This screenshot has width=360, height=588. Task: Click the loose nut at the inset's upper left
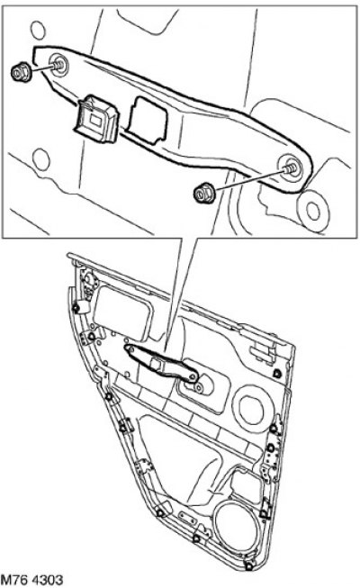[21, 72]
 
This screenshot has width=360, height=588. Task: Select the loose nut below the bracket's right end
[204, 194]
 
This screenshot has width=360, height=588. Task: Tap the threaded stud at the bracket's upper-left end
[58, 66]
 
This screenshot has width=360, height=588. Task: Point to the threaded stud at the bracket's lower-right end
[290, 168]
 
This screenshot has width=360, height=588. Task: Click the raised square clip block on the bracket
[96, 118]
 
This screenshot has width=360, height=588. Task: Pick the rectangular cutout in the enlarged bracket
[148, 121]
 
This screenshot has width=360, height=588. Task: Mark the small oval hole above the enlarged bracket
[38, 30]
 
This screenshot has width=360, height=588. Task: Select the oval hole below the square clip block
[40, 159]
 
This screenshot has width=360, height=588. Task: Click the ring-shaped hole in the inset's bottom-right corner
[312, 211]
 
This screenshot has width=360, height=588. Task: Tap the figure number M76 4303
[31, 580]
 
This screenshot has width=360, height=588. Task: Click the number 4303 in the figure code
[48, 580]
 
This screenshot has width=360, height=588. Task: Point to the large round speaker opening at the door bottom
[238, 530]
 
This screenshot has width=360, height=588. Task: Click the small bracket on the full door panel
[162, 363]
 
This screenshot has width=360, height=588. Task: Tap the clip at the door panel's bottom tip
[247, 565]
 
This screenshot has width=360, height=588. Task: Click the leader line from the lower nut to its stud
[249, 182]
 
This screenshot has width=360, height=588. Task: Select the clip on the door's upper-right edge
[277, 374]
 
